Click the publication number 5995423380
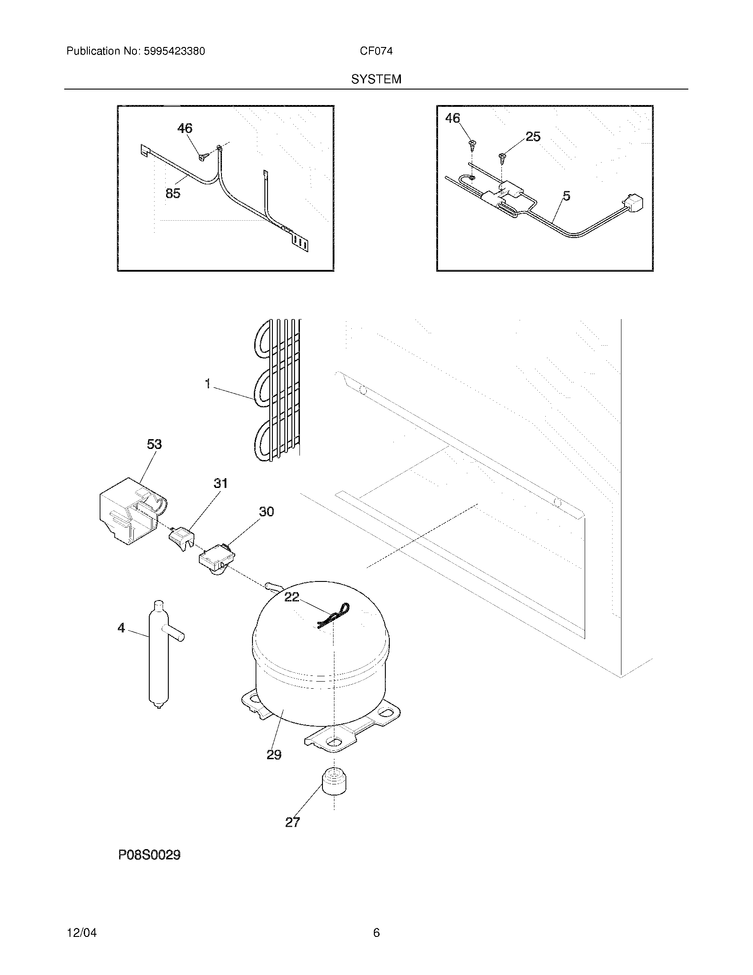click(174, 51)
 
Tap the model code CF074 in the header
click(376, 51)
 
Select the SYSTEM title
click(376, 79)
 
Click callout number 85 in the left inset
click(173, 194)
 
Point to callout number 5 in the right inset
click(566, 196)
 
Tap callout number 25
click(533, 136)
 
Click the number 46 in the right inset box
click(452, 118)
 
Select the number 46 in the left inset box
click(185, 129)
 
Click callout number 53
click(154, 444)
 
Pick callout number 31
click(221, 484)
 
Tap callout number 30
click(266, 511)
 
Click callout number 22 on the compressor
click(292, 597)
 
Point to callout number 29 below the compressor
click(274, 754)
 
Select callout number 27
click(292, 822)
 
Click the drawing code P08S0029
click(149, 855)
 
